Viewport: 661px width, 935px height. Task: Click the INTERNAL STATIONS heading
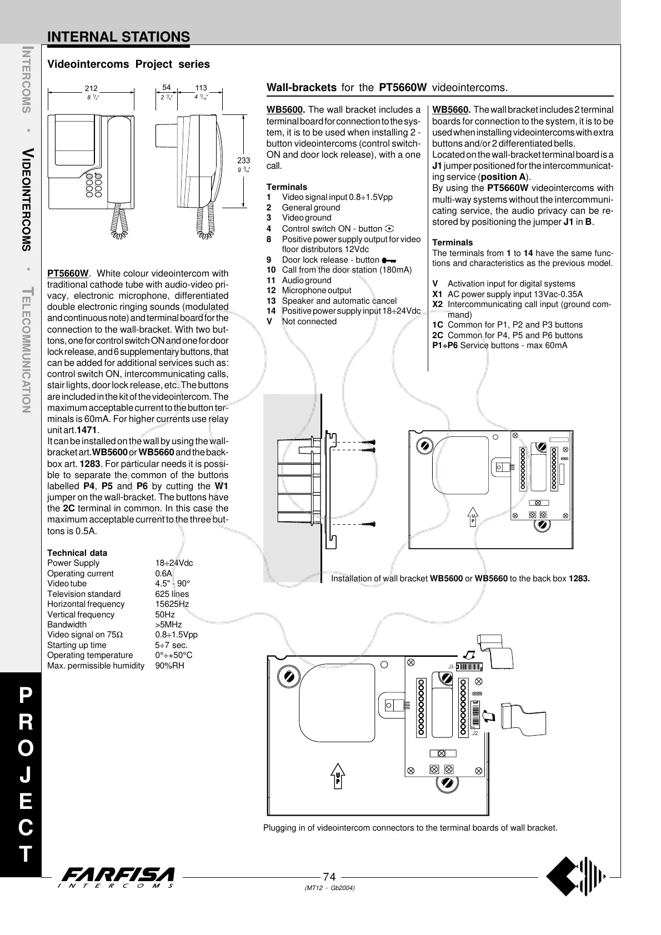[x=118, y=37]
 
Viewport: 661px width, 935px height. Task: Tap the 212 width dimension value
[x=91, y=88]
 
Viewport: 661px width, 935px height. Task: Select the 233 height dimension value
[x=243, y=160]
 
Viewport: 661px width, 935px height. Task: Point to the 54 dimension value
[x=167, y=88]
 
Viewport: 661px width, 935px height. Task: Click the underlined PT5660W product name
[x=68, y=273]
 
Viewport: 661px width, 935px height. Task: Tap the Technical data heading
[x=77, y=553]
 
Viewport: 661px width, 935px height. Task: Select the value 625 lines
[x=172, y=594]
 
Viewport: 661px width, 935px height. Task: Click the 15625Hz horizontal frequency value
[x=172, y=604]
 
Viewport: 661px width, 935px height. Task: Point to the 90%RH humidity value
[x=169, y=666]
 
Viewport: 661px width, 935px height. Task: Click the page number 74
[x=329, y=877]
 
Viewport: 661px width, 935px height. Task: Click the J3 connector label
[x=451, y=666]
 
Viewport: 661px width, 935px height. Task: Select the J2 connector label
[x=474, y=733]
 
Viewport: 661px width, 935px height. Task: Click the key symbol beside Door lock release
[x=388, y=260]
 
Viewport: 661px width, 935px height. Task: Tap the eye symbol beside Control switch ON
[x=389, y=229]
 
